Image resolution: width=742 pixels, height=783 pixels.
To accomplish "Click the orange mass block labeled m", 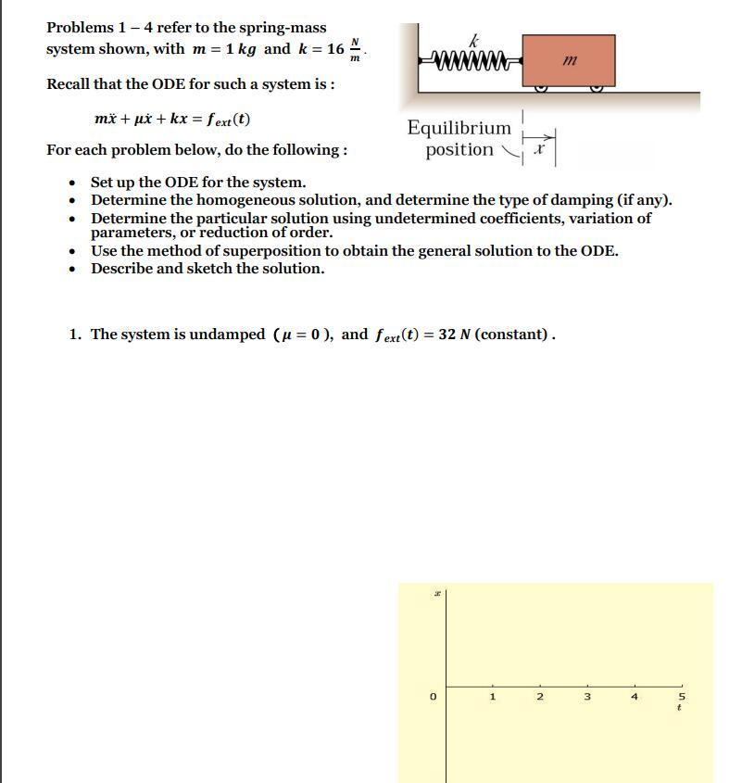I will pyautogui.click(x=568, y=60).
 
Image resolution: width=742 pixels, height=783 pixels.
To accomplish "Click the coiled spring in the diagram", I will pyautogui.click(x=472, y=62).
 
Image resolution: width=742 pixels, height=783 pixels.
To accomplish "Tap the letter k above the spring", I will pyautogui.click(x=474, y=40).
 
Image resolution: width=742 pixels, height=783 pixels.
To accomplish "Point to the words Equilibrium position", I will pyautogui.click(x=459, y=139).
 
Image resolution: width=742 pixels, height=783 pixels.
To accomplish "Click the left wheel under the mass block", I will pyautogui.click(x=541, y=88).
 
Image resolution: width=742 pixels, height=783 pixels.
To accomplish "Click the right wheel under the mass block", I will pyautogui.click(x=597, y=88).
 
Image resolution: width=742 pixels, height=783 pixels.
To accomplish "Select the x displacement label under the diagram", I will pyautogui.click(x=539, y=150).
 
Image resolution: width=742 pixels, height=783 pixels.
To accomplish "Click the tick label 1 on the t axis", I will pyautogui.click(x=493, y=696).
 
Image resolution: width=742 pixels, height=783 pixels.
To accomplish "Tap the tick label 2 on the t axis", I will pyautogui.click(x=540, y=696).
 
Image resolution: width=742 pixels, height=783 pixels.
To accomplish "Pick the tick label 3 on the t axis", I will pyautogui.click(x=587, y=696).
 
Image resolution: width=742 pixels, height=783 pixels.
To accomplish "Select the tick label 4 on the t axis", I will pyautogui.click(x=635, y=696).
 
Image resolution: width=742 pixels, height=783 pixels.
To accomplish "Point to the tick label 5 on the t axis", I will pyautogui.click(x=682, y=696).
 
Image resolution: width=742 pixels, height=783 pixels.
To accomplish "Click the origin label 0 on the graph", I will pyautogui.click(x=433, y=696).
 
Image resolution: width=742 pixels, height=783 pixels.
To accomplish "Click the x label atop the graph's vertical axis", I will pyautogui.click(x=436, y=593).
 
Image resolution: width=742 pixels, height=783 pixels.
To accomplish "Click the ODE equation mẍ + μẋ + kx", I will pyautogui.click(x=172, y=119).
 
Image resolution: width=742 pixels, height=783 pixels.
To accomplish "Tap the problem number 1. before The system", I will pyautogui.click(x=75, y=335).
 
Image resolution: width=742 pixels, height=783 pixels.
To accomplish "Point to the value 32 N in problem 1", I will pyautogui.click(x=454, y=335).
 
